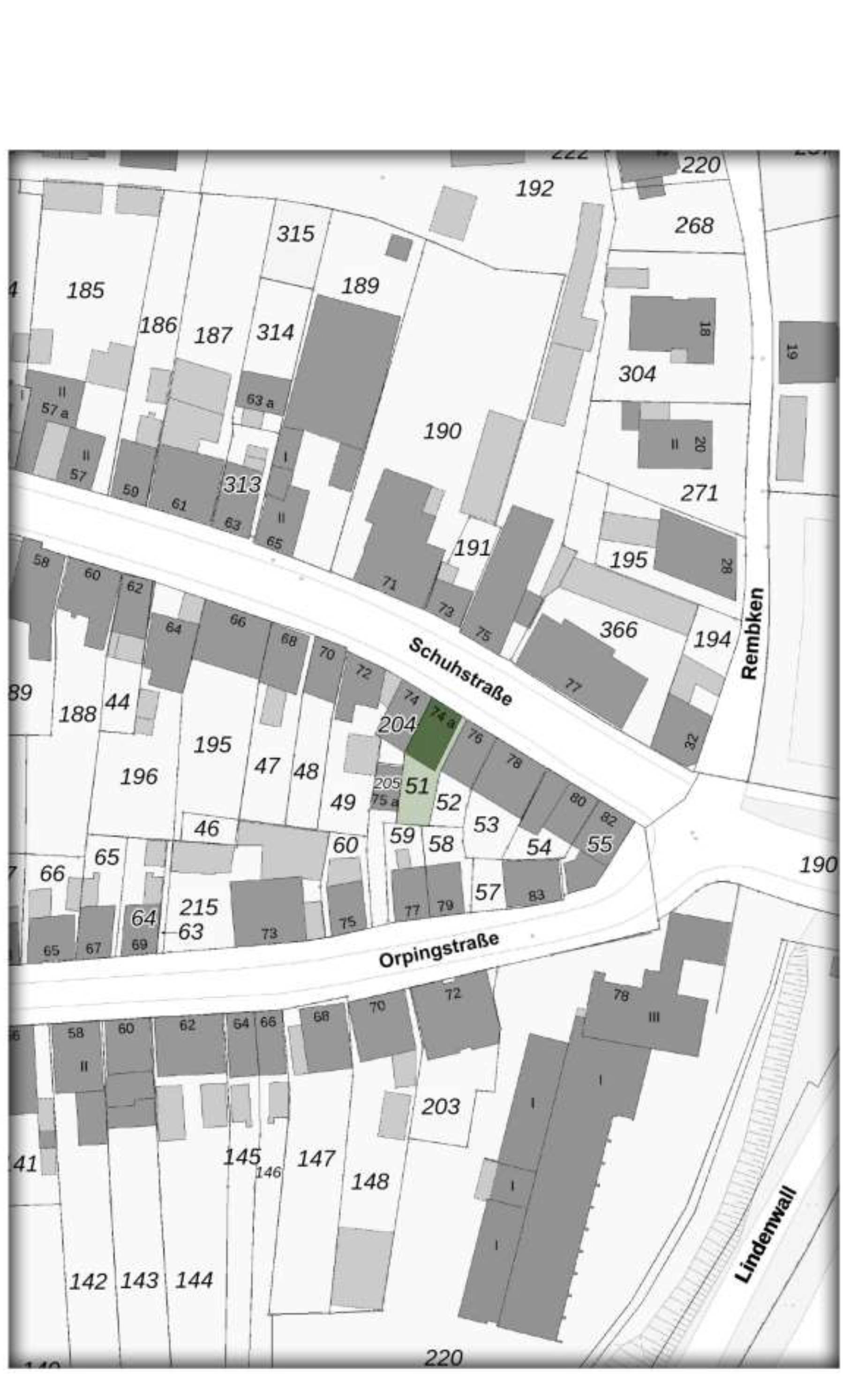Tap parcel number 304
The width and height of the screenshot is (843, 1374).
[x=637, y=374]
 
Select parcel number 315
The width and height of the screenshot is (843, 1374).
[x=295, y=233]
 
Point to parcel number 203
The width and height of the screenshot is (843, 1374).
[x=440, y=1106]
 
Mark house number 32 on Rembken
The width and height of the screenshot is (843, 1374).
[x=690, y=741]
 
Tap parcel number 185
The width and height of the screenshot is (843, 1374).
[x=85, y=291]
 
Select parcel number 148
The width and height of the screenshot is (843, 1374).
[x=369, y=1181]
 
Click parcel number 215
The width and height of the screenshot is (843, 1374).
[x=198, y=907]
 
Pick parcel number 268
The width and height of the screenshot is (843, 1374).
[x=693, y=225]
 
